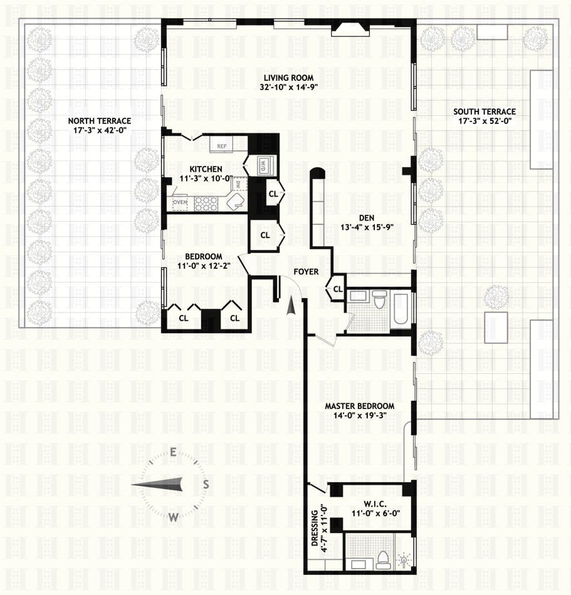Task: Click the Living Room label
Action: click(x=288, y=78)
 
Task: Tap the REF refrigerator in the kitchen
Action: click(x=221, y=145)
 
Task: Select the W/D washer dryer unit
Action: click(x=263, y=165)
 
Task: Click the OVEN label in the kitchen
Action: click(x=180, y=202)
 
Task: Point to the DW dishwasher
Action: click(x=238, y=185)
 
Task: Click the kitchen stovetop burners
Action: click(x=206, y=204)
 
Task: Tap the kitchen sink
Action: click(x=236, y=201)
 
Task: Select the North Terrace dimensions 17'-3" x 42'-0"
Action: click(x=100, y=130)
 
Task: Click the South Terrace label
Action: click(x=485, y=111)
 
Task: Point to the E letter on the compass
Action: click(x=173, y=452)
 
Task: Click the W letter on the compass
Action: click(x=173, y=517)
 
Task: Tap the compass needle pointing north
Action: click(x=157, y=485)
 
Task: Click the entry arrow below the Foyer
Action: click(x=291, y=306)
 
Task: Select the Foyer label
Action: click(x=306, y=272)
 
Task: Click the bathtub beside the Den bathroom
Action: click(x=401, y=309)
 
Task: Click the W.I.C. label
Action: click(x=375, y=504)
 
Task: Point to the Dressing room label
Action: click(x=315, y=528)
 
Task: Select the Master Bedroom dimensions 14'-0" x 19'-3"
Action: click(x=360, y=415)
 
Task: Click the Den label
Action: click(x=367, y=218)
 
